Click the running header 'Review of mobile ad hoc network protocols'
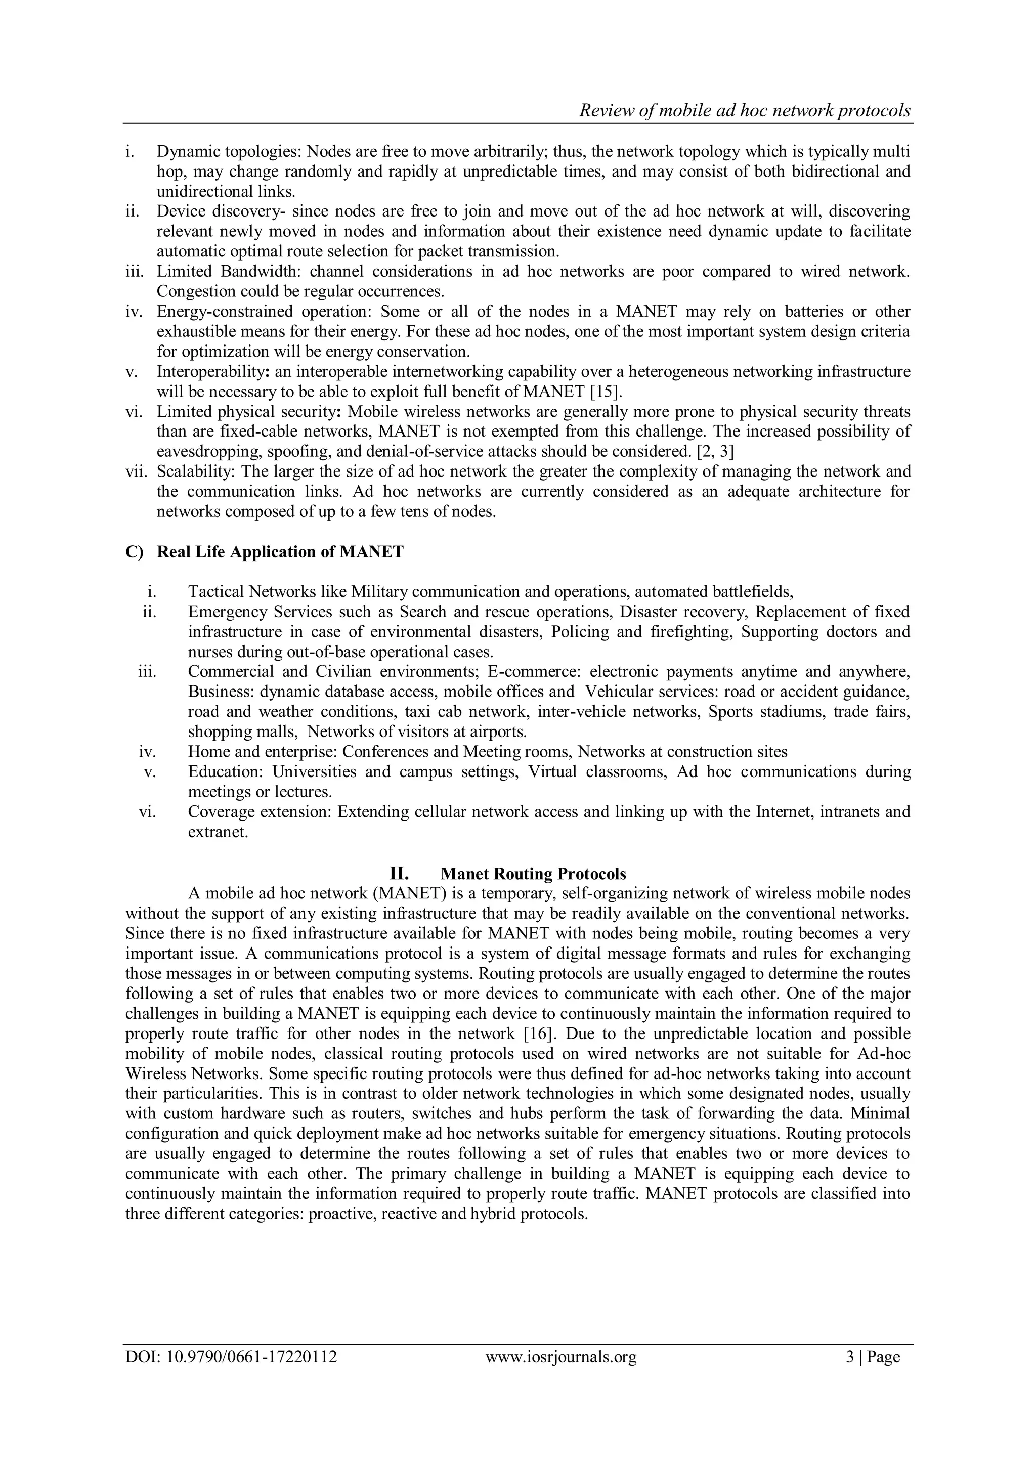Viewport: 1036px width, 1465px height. (x=745, y=111)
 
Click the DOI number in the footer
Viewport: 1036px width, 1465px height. (x=231, y=1374)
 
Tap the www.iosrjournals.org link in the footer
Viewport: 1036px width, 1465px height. (x=560, y=1374)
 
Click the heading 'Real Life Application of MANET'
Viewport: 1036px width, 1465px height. (x=280, y=552)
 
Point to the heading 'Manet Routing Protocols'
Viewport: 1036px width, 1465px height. (x=533, y=874)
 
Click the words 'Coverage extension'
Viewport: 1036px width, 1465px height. (x=258, y=812)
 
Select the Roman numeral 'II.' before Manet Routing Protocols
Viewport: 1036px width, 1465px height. (x=399, y=874)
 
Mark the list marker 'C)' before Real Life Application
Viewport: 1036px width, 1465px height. (x=135, y=552)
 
